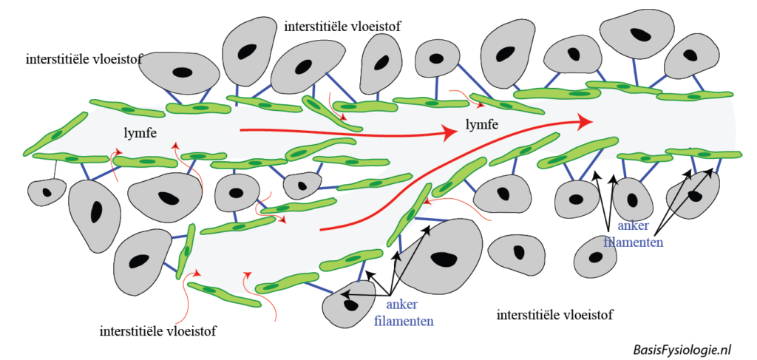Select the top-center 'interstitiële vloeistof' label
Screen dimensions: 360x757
342,27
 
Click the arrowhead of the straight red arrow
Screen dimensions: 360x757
448,134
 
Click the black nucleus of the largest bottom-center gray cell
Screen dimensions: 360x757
443,259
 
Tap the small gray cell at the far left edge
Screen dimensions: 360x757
46,192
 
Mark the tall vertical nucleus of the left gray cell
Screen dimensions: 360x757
96,211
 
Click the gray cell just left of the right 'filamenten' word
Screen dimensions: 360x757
596,257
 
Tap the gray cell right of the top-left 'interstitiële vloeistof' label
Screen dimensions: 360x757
180,72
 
